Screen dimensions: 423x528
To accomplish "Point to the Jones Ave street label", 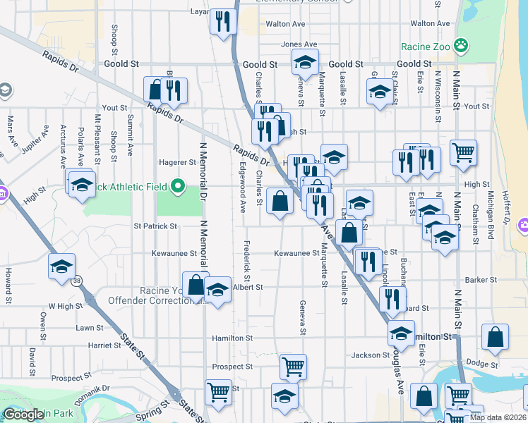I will click(x=295, y=44).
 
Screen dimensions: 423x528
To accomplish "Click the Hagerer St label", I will click(x=177, y=161).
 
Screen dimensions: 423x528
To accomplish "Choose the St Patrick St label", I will click(x=155, y=226).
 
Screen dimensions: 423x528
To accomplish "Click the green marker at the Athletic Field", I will click(x=178, y=187).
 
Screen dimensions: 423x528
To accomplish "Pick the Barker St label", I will click(x=483, y=280).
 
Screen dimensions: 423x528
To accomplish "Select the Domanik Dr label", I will click(x=95, y=389).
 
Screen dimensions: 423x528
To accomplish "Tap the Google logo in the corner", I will click(x=23, y=415).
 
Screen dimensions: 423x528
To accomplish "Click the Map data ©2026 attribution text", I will click(x=497, y=417).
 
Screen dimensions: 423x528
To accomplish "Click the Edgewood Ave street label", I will click(x=242, y=188).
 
